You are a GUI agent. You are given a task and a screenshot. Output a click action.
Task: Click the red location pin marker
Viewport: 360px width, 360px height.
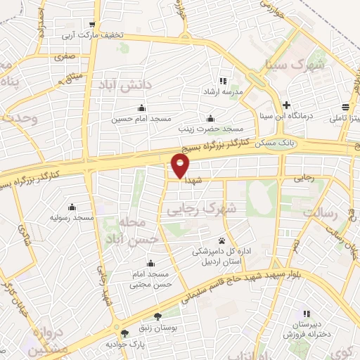pyautogui.click(x=181, y=165)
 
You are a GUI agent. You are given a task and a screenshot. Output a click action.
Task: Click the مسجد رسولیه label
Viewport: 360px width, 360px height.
pyautogui.click(x=72, y=219)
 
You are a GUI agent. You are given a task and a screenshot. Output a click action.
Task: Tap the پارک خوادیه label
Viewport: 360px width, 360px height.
pyautogui.click(x=124, y=345)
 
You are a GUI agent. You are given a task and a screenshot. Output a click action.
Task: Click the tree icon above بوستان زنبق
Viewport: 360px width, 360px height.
pyautogui.click(x=157, y=317)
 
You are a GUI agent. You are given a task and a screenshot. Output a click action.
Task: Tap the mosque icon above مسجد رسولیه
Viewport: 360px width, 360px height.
pyautogui.click(x=72, y=207)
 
